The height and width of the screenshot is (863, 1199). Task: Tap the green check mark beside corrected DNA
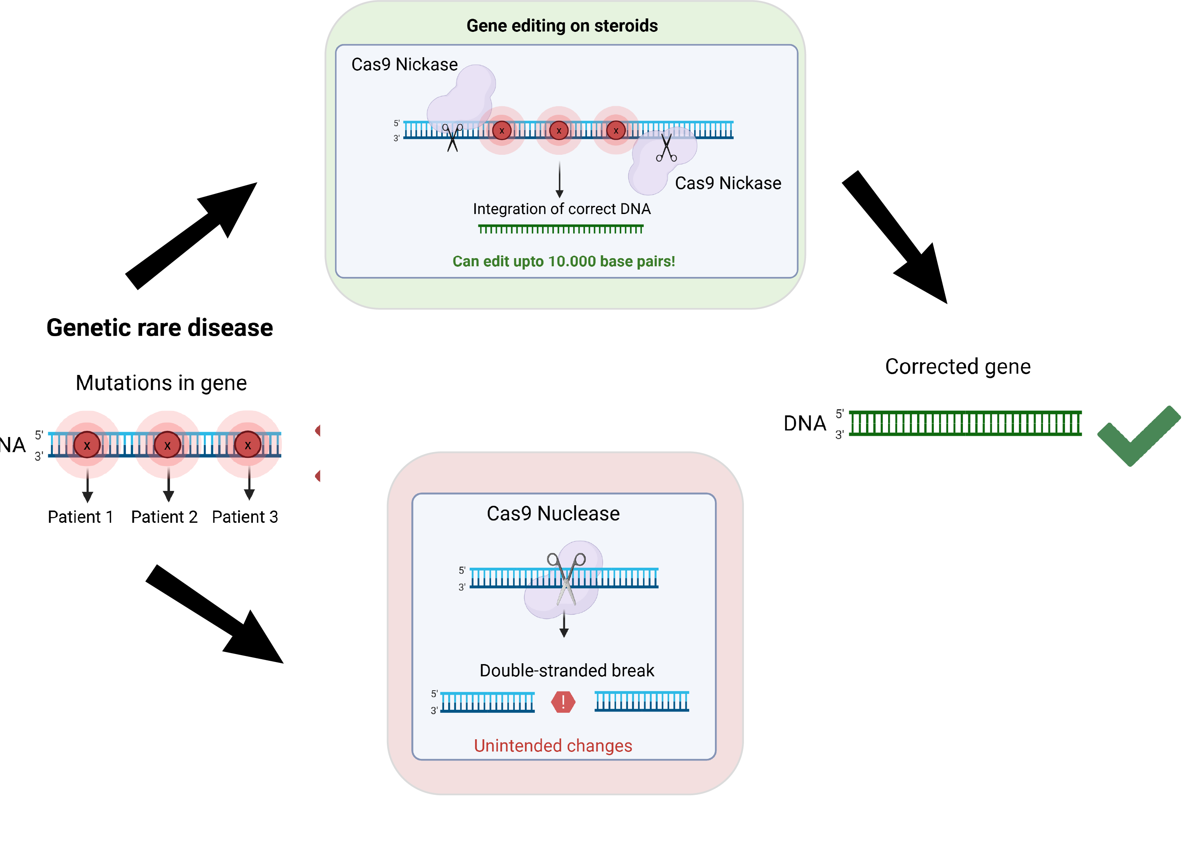click(1136, 437)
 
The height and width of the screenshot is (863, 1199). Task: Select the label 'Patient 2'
click(164, 516)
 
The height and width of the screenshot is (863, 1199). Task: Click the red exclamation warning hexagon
click(563, 702)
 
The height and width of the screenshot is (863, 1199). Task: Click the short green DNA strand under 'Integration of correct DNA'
click(560, 229)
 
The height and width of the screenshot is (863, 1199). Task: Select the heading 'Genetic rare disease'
click(160, 328)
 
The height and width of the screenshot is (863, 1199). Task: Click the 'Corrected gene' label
click(958, 366)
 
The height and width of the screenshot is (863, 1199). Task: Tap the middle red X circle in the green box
click(558, 130)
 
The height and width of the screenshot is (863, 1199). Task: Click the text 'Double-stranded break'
click(566, 670)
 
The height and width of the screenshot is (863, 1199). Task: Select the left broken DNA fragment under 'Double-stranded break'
click(487, 702)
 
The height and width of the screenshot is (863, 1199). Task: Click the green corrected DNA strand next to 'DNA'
click(965, 423)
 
